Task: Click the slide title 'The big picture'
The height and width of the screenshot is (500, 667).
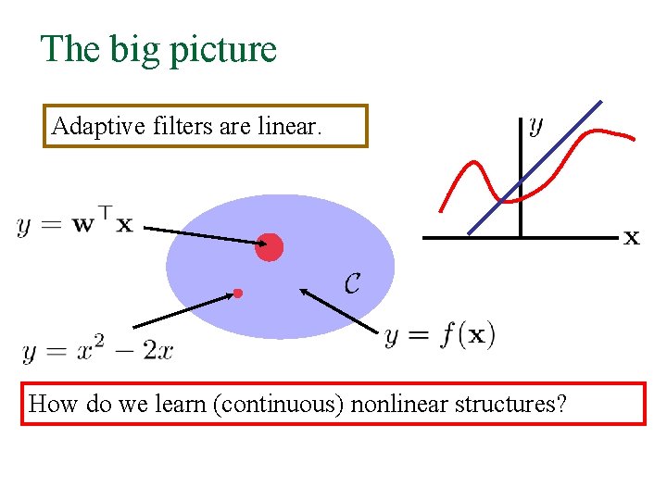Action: [x=158, y=49]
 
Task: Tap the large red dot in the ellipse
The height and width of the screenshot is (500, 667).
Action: [x=269, y=247]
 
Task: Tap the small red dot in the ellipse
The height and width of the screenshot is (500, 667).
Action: [x=238, y=294]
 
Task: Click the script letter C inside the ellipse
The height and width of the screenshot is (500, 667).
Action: [x=352, y=283]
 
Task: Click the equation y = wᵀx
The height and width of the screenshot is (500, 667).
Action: [x=75, y=223]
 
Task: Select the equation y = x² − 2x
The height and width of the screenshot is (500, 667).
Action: [x=97, y=351]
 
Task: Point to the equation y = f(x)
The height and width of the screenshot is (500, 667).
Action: [x=440, y=334]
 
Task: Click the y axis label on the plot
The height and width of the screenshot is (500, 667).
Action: [x=535, y=126]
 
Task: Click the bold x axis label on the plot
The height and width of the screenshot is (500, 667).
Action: [x=631, y=238]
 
